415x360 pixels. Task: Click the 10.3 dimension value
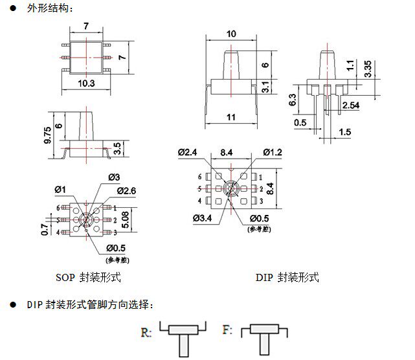click(x=86, y=84)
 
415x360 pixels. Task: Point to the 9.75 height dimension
click(x=48, y=135)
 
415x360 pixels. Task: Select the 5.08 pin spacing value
click(x=126, y=219)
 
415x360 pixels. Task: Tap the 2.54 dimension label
click(x=351, y=106)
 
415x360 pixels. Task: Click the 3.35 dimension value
click(x=368, y=69)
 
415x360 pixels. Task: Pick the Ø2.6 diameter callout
click(x=126, y=191)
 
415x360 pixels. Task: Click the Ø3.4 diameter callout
click(x=203, y=218)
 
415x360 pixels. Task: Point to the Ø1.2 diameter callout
click(x=273, y=152)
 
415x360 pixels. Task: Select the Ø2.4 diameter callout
click(x=188, y=152)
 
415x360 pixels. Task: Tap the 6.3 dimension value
click(x=292, y=100)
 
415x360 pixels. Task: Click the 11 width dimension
click(x=231, y=117)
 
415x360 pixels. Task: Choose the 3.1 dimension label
click(x=265, y=87)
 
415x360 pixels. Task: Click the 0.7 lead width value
click(x=45, y=229)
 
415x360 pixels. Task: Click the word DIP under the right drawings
click(x=264, y=277)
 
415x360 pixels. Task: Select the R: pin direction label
click(x=146, y=332)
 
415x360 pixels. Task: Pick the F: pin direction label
click(x=228, y=330)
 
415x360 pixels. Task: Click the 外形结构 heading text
click(x=47, y=8)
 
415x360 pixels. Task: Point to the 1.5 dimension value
click(x=345, y=132)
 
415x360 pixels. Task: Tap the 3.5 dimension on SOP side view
click(x=117, y=148)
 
